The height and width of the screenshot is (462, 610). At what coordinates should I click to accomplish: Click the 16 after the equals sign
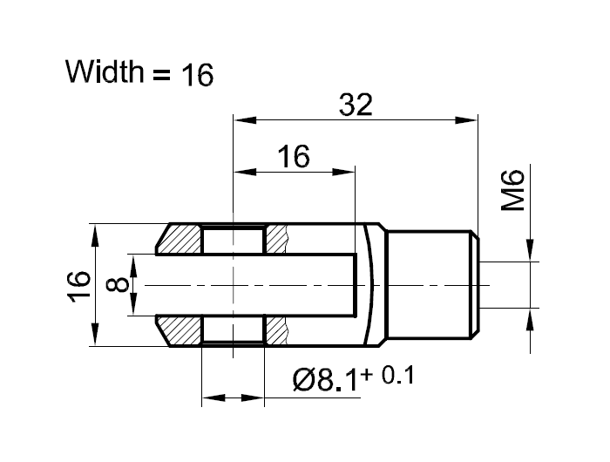(198, 76)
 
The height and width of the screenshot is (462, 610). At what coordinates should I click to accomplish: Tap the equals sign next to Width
(161, 76)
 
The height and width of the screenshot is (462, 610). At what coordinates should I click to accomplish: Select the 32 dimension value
(356, 105)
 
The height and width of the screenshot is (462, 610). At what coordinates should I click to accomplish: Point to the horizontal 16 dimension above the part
(294, 157)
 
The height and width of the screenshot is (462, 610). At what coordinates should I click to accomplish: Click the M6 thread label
(513, 191)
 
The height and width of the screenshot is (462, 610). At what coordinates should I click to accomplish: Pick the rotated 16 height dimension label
(78, 285)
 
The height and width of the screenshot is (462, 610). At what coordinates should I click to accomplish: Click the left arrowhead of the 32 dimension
(240, 120)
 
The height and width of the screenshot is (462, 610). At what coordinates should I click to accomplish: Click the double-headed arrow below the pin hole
(233, 398)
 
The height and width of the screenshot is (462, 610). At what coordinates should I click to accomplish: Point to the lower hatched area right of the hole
(276, 330)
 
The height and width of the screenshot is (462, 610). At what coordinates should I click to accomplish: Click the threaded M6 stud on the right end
(431, 284)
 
